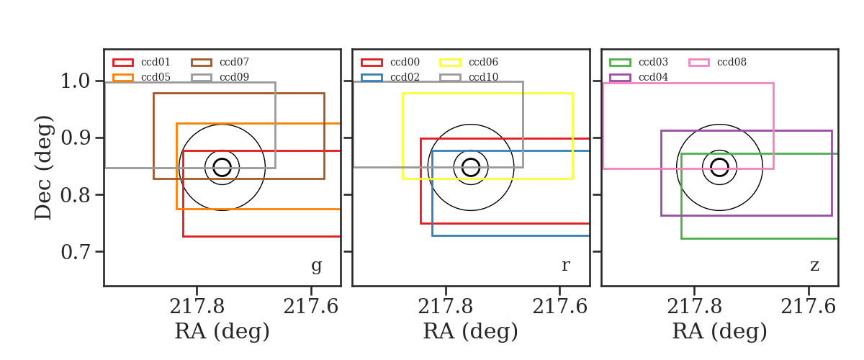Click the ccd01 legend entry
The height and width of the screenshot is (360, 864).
[141, 62]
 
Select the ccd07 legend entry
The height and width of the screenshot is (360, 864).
[220, 62]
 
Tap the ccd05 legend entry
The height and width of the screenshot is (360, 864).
[141, 77]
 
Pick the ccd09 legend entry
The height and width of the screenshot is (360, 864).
[220, 77]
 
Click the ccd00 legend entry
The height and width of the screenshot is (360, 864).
[390, 62]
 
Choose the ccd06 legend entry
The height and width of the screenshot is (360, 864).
[469, 62]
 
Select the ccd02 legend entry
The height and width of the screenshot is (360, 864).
[390, 77]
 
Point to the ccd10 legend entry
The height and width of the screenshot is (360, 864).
[469, 77]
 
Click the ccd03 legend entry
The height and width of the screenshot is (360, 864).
[639, 62]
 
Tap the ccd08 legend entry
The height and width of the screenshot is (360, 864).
[717, 62]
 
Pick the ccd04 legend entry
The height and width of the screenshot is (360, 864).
[639, 77]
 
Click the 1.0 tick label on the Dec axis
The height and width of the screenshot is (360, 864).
[75, 81]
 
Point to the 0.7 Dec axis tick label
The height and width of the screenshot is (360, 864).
[75, 252]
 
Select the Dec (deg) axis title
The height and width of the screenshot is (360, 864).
[42, 168]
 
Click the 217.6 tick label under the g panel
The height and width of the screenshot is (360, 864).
[311, 307]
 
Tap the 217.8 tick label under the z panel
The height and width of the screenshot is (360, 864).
[694, 307]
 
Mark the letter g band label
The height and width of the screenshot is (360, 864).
[317, 266]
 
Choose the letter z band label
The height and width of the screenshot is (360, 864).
[814, 266]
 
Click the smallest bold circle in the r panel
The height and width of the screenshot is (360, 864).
[471, 159]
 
